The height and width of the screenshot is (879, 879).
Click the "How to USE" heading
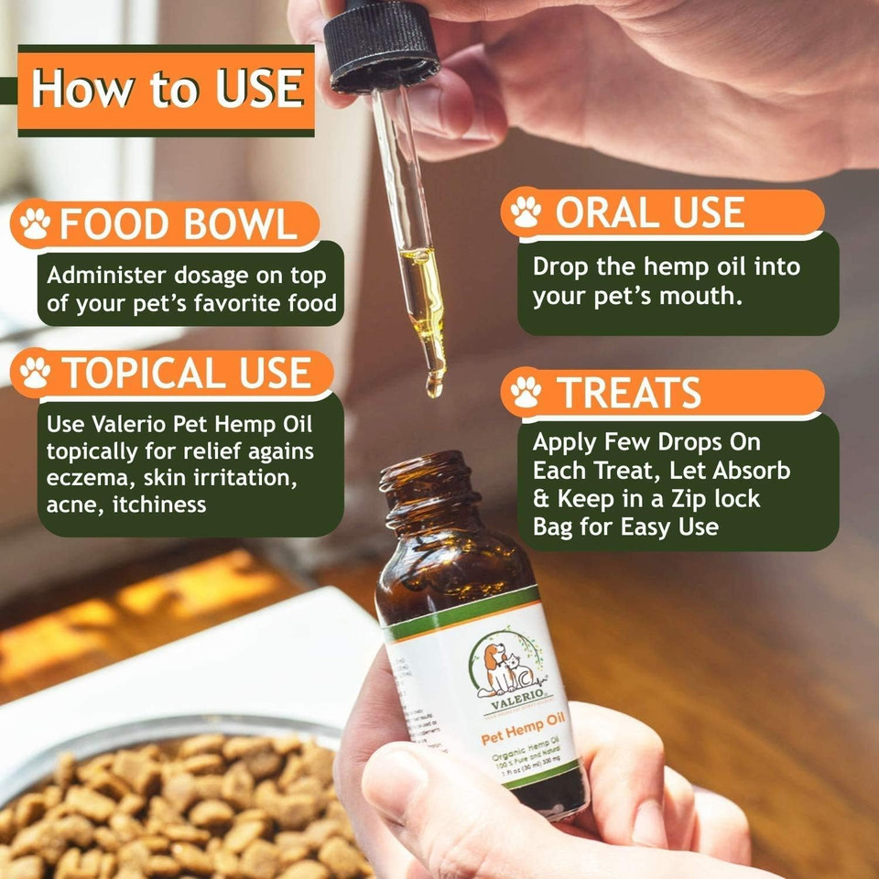(x=167, y=90)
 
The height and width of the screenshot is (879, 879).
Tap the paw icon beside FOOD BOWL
(x=35, y=224)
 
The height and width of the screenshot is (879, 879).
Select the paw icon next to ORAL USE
(x=526, y=212)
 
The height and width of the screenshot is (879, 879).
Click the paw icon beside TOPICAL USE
(x=35, y=373)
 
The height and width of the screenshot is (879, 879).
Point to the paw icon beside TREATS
(x=526, y=392)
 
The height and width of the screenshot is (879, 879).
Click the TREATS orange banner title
(x=630, y=392)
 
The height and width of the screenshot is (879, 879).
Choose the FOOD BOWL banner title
(x=179, y=224)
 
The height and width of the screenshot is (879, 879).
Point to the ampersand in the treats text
(x=541, y=499)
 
